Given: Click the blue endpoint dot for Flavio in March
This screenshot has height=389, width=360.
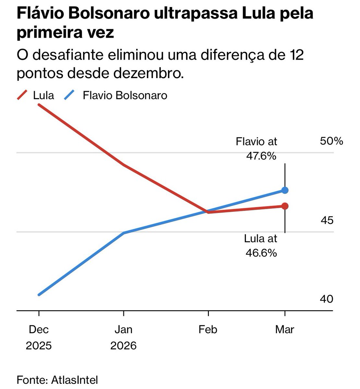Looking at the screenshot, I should [285, 190].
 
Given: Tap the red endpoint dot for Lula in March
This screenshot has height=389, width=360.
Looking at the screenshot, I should [285, 206].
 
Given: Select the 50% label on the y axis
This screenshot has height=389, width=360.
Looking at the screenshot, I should [331, 141].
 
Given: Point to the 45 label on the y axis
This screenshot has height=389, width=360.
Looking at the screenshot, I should [327, 220].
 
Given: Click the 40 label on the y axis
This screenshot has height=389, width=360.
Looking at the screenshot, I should [327, 299].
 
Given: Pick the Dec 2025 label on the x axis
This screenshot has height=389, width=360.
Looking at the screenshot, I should [39, 337].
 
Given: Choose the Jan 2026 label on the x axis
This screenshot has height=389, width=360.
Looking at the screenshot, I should [124, 337].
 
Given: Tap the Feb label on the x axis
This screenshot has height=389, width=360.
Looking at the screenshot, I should [208, 330].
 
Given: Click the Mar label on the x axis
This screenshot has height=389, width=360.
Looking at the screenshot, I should [284, 330].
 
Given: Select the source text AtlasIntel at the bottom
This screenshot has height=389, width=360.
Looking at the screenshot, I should [75, 380].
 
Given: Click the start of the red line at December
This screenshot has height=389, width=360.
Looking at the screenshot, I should [39, 105].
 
